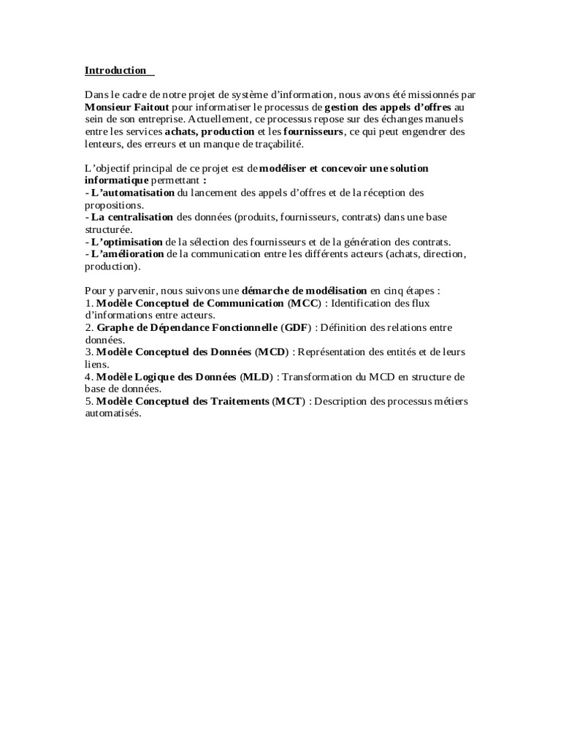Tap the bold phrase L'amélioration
coord(128,253)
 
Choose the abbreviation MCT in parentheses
coord(287,402)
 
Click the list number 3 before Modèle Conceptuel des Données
coord(88,352)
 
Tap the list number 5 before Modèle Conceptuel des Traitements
coord(88,402)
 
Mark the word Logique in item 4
coord(150,377)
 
